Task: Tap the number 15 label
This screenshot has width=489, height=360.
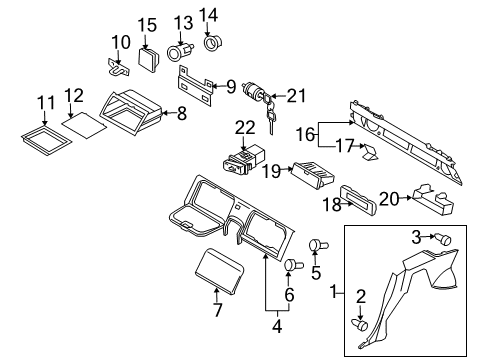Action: (147, 24)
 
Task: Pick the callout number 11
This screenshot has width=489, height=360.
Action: (46, 102)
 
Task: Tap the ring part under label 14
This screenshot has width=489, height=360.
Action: (212, 43)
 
